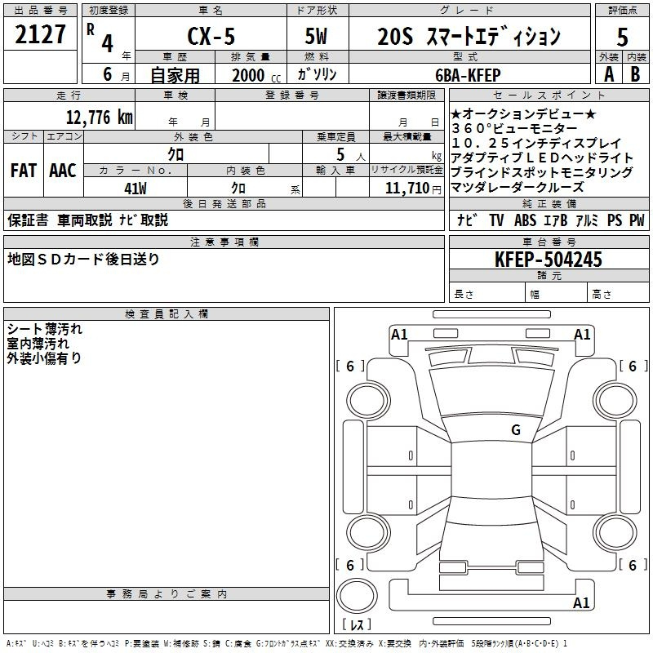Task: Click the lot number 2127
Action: pyautogui.click(x=40, y=34)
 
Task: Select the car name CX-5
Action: pyautogui.click(x=211, y=36)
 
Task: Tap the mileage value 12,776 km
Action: pyautogui.click(x=100, y=117)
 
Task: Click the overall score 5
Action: pyautogui.click(x=622, y=38)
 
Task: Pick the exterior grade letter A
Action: pyautogui.click(x=609, y=74)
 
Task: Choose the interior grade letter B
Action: pyautogui.click(x=636, y=74)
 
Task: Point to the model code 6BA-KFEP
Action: pyautogui.click(x=468, y=75)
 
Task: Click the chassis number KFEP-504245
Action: pyautogui.click(x=549, y=260)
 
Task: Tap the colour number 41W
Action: pyautogui.click(x=135, y=189)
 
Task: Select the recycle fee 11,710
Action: pyautogui.click(x=407, y=189)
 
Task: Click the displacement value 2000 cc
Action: pyautogui.click(x=256, y=75)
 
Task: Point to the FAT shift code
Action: pyautogui.click(x=24, y=171)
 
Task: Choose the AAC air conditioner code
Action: pyautogui.click(x=63, y=171)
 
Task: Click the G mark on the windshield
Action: pyautogui.click(x=516, y=429)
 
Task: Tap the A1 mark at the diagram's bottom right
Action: pyautogui.click(x=581, y=602)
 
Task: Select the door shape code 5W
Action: pyautogui.click(x=316, y=36)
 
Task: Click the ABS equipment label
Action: pyautogui.click(x=525, y=220)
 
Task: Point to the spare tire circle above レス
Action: pyautogui.click(x=357, y=596)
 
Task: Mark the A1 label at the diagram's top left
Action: pyautogui.click(x=399, y=335)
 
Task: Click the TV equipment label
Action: pyautogui.click(x=496, y=220)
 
